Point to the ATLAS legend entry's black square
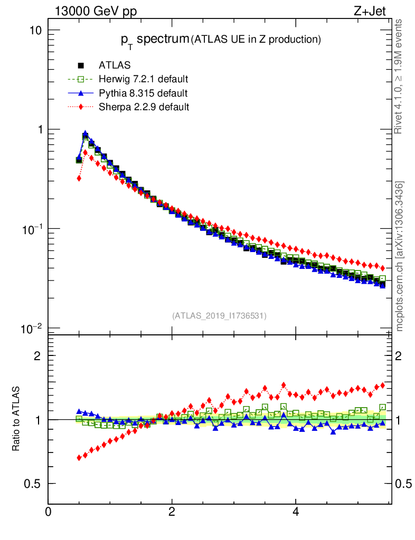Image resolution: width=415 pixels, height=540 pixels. (81, 65)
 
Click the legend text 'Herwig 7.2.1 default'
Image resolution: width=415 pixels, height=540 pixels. (144, 79)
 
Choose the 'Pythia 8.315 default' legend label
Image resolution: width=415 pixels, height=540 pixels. (143, 93)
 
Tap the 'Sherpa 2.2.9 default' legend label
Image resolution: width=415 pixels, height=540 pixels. (144, 107)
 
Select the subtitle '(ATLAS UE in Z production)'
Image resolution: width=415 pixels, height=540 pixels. (256, 39)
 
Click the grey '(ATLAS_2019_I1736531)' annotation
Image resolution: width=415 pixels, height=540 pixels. (219, 316)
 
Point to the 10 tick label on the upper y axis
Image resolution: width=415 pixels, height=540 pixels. (35, 30)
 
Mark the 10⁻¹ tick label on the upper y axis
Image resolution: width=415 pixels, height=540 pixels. (33, 229)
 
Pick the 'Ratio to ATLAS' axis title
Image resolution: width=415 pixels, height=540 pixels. (16, 419)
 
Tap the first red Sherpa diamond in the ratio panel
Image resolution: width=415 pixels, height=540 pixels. (79, 457)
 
